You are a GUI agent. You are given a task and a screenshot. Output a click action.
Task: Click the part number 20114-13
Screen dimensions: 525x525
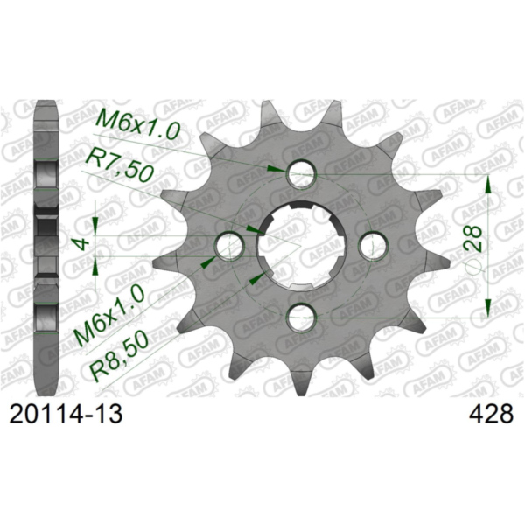pyautogui.click(x=66, y=415)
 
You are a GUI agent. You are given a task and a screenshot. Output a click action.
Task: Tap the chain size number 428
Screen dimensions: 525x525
pyautogui.click(x=491, y=415)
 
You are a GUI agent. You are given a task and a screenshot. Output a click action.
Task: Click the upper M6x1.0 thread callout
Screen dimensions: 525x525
pyautogui.click(x=138, y=122)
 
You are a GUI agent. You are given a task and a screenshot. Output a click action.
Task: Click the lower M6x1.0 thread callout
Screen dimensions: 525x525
pyautogui.click(x=109, y=316)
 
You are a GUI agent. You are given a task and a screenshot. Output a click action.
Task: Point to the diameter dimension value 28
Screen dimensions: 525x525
pyautogui.click(x=472, y=238)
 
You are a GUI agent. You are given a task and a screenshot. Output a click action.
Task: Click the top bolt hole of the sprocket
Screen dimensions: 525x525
pyautogui.click(x=301, y=173)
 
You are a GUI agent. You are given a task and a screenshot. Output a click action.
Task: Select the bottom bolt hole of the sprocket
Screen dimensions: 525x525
pyautogui.click(x=302, y=318)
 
